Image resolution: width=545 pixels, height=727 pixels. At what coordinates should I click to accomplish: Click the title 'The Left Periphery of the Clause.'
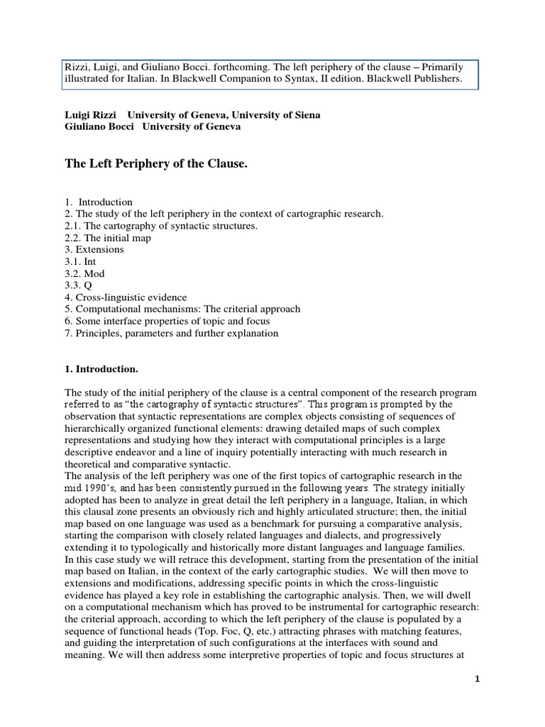[158, 164]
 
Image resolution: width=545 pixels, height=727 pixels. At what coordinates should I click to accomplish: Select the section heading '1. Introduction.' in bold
[101, 369]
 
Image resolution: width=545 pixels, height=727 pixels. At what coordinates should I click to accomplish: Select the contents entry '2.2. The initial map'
[108, 238]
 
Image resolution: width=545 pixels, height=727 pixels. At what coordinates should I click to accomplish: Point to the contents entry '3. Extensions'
[94, 250]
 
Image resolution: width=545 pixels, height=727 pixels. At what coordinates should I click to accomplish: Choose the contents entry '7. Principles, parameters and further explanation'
[172, 333]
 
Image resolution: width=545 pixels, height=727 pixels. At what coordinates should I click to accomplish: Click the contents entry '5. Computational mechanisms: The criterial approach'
[182, 310]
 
